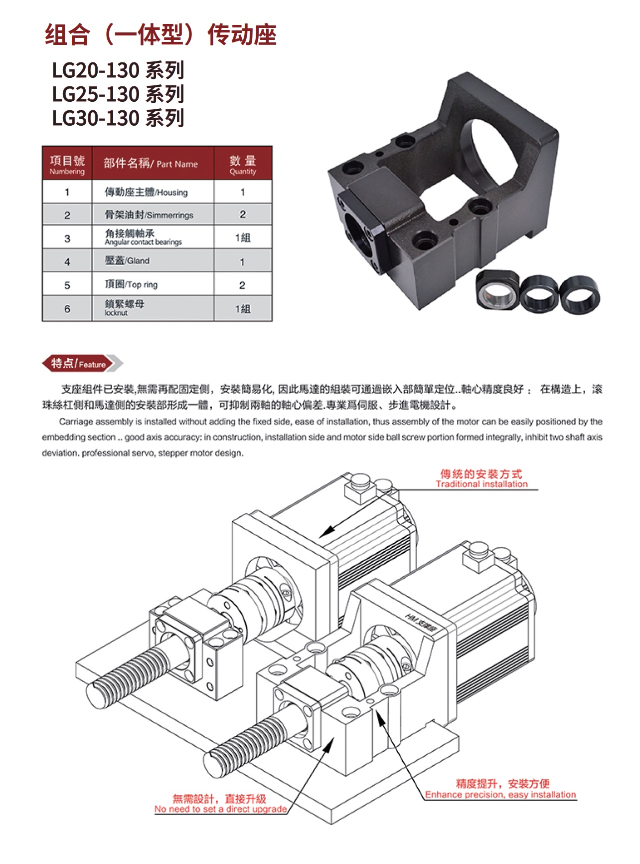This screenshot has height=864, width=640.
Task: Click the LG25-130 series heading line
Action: [x=118, y=94]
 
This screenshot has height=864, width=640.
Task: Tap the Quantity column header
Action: [x=243, y=163]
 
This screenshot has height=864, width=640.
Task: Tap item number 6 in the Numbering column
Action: [x=67, y=309]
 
